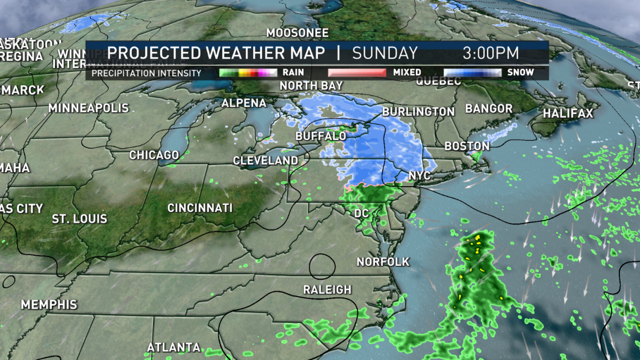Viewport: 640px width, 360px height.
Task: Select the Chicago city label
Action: click(154, 155)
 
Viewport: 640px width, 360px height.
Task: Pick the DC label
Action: click(362, 213)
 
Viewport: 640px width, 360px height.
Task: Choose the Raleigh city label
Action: click(327, 290)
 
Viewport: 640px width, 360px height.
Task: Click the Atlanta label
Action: click(173, 348)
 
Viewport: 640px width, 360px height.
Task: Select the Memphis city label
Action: click(49, 305)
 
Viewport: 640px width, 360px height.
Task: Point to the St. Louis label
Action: click(79, 219)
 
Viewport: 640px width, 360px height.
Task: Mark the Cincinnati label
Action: click(200, 208)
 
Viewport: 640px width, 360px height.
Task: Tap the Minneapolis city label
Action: click(89, 108)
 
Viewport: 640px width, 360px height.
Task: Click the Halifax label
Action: click(567, 114)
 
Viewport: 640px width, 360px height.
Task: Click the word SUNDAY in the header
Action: click(385, 53)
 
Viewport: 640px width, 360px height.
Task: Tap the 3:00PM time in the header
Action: click(491, 53)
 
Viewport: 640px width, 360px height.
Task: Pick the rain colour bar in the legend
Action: click(248, 73)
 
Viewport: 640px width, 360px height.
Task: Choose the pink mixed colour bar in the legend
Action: click(356, 73)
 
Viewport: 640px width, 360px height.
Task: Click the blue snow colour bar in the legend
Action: click(473, 73)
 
